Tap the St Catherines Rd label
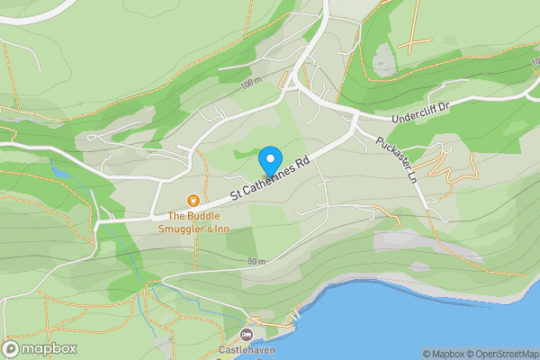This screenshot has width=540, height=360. (x=270, y=177)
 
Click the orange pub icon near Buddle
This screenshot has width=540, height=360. (x=192, y=200)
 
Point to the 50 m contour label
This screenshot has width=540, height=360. (x=255, y=262)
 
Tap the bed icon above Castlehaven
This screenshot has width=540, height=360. (x=247, y=334)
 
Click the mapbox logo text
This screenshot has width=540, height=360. (x=49, y=349)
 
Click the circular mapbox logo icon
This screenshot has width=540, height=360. (x=12, y=349)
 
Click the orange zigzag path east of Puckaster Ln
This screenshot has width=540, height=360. (x=442, y=166)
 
